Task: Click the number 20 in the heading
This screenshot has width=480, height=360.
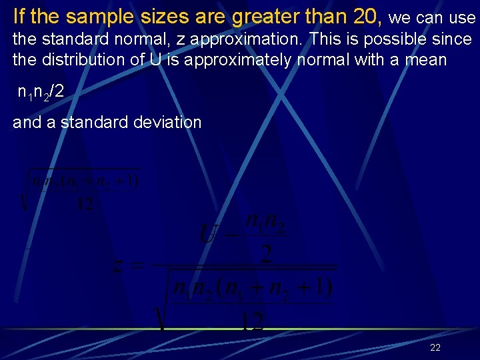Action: click(x=365, y=15)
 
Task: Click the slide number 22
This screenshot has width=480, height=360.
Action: click(x=435, y=347)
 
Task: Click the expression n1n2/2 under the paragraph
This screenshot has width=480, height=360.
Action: click(x=41, y=91)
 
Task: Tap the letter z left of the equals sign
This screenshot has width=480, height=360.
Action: click(x=119, y=267)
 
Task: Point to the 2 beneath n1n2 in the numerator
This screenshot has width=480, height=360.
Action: click(x=267, y=253)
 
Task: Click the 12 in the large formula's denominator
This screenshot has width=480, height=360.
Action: click(x=252, y=323)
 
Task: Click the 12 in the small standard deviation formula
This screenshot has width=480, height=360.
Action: click(x=84, y=204)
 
